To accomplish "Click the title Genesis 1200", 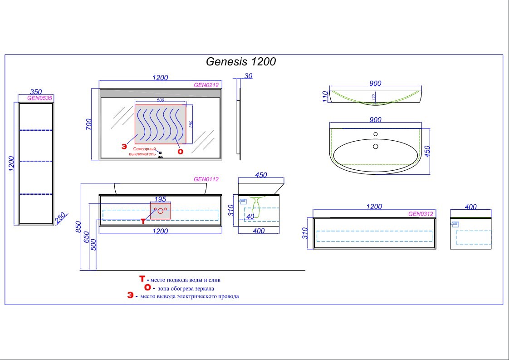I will point(241,61).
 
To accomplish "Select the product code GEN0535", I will point(40,98).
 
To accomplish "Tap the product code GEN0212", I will point(206,84).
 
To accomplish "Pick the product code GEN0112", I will point(206,179).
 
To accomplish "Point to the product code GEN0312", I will point(421,214).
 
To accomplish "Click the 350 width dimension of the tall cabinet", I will point(36,91).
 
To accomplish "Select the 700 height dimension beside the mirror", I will point(89,124).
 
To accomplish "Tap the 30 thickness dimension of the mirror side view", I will point(248,76).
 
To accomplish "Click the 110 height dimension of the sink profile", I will point(325,96).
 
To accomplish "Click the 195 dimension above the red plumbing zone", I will point(160,199).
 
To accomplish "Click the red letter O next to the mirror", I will point(181,151).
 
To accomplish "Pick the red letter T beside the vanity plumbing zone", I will point(143,222).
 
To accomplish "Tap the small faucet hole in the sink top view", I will point(376,134).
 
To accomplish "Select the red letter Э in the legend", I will point(131,296).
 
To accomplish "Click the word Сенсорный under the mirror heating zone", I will point(145,149).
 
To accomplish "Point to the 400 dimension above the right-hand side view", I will point(471,207).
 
